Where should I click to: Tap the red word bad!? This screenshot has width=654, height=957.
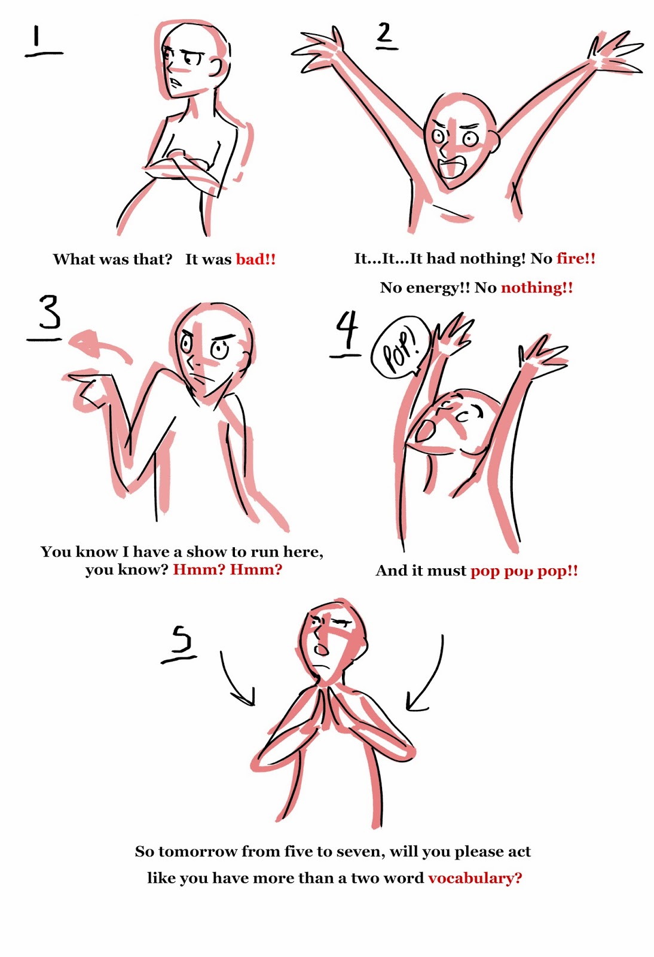tap(256, 260)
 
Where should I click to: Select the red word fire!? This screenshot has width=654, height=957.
tap(576, 258)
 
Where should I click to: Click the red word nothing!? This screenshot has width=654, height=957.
tap(536, 288)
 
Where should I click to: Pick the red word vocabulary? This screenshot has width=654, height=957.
tap(475, 878)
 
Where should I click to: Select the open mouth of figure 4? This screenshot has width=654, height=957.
tap(426, 430)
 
